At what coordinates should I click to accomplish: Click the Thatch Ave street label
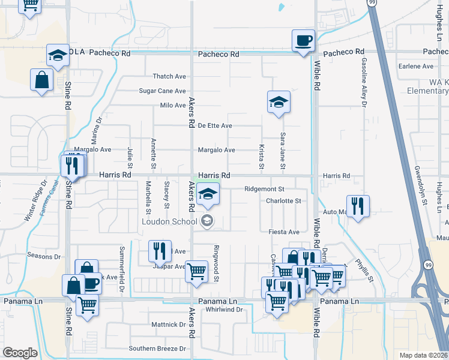(x=169, y=76)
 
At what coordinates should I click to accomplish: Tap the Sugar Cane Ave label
(x=162, y=91)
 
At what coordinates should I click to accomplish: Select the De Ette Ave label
(x=215, y=125)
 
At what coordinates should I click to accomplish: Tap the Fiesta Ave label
(x=283, y=232)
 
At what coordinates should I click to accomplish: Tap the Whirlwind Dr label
(x=223, y=310)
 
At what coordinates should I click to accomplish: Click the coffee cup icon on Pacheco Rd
(x=303, y=41)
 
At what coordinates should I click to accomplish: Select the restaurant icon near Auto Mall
(x=358, y=205)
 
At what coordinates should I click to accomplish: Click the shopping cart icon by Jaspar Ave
(x=196, y=271)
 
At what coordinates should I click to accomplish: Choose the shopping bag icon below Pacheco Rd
(x=42, y=79)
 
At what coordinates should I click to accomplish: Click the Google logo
(x=20, y=353)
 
